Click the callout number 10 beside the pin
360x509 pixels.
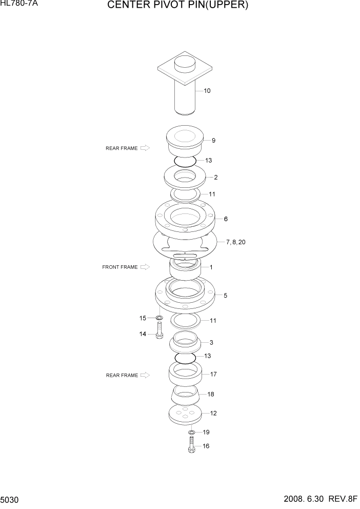(207, 91)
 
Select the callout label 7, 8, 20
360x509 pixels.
(235, 242)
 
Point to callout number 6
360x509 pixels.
(225, 219)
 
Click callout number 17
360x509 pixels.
(213, 374)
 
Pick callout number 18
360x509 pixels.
(210, 394)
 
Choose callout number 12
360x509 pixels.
(213, 413)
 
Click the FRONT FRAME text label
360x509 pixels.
(120, 267)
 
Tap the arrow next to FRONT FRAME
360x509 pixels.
(145, 267)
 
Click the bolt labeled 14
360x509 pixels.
(159, 330)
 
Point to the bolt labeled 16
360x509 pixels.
(191, 444)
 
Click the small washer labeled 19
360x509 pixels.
(191, 433)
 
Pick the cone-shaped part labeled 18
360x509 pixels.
(185, 396)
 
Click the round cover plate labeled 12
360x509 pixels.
(185, 415)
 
